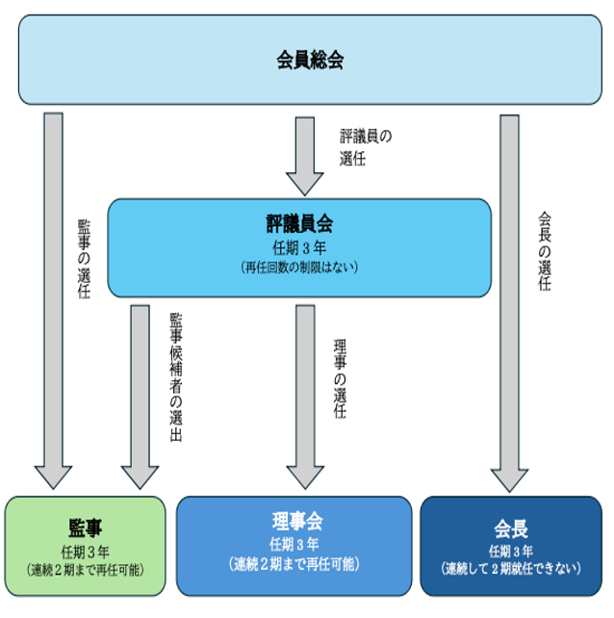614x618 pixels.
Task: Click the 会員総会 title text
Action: pyautogui.click(x=310, y=61)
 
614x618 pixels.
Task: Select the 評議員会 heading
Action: pyautogui.click(x=299, y=225)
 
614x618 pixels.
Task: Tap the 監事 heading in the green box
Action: pyautogui.click(x=86, y=528)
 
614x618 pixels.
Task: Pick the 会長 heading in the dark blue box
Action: pyautogui.click(x=510, y=528)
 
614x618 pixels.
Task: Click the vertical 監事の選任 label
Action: pyautogui.click(x=84, y=259)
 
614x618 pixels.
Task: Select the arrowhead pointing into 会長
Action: pyautogui.click(x=510, y=478)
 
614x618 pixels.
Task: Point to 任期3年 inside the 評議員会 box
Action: pyautogui.click(x=299, y=247)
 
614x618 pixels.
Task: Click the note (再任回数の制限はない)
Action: pyautogui.click(x=299, y=267)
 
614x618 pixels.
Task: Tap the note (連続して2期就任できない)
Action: pyautogui.click(x=510, y=569)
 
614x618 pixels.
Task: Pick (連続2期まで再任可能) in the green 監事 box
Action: pyautogui.click(x=86, y=569)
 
